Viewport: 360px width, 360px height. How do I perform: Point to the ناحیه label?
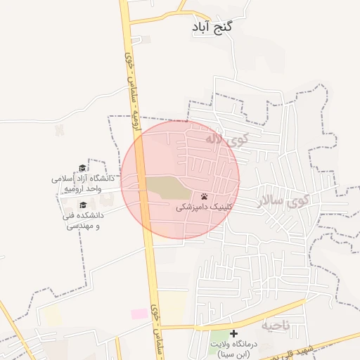point(276,326)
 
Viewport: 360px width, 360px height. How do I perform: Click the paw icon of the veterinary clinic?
point(204,197)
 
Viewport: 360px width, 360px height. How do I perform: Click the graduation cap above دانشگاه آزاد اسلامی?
point(82,168)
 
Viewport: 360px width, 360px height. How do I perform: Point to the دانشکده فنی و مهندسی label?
point(84,219)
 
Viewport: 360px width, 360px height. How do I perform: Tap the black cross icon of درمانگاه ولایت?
point(234,334)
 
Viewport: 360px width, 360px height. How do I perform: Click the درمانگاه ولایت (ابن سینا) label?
point(234,349)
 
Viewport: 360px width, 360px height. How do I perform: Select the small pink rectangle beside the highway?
point(139,313)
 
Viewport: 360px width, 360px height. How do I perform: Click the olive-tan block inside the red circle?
point(167,189)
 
